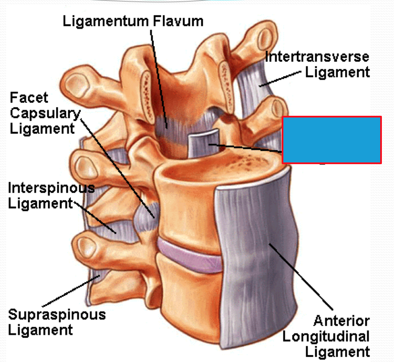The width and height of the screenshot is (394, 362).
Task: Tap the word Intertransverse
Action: (x=317, y=57)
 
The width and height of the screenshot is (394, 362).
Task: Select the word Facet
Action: (x=29, y=98)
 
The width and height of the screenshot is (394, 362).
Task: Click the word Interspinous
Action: (x=51, y=188)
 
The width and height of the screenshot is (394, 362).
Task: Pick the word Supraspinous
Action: (x=57, y=314)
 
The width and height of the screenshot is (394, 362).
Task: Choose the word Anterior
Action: (x=341, y=321)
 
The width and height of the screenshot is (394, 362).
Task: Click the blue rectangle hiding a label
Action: (x=331, y=140)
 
